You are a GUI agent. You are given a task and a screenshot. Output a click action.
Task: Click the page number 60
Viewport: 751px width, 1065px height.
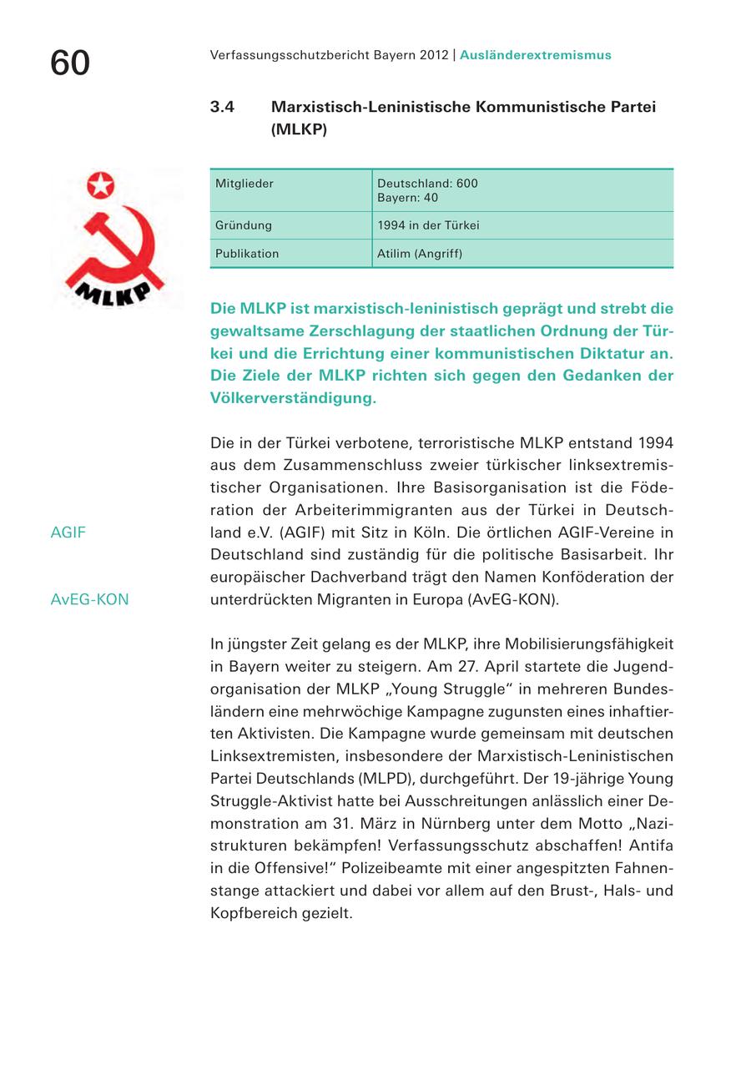70,63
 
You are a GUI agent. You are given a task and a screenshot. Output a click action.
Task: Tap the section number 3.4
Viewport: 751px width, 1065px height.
222,108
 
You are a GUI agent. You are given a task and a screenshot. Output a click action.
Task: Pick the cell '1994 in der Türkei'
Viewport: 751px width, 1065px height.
428,225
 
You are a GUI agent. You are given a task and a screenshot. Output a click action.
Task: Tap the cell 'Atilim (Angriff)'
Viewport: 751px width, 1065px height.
420,254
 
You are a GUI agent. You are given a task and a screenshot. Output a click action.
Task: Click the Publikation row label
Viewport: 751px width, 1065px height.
247,254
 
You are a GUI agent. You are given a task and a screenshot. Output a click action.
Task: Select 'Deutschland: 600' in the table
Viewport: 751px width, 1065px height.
427,184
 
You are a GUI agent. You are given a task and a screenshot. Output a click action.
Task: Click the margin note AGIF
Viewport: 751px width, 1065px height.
68,532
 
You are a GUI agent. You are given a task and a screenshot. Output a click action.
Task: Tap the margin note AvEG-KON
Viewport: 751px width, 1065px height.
89,599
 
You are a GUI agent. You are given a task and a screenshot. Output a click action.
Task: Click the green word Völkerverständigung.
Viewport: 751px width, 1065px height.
293,397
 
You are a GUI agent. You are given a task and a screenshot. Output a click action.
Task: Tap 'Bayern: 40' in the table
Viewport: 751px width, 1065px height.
407,199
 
